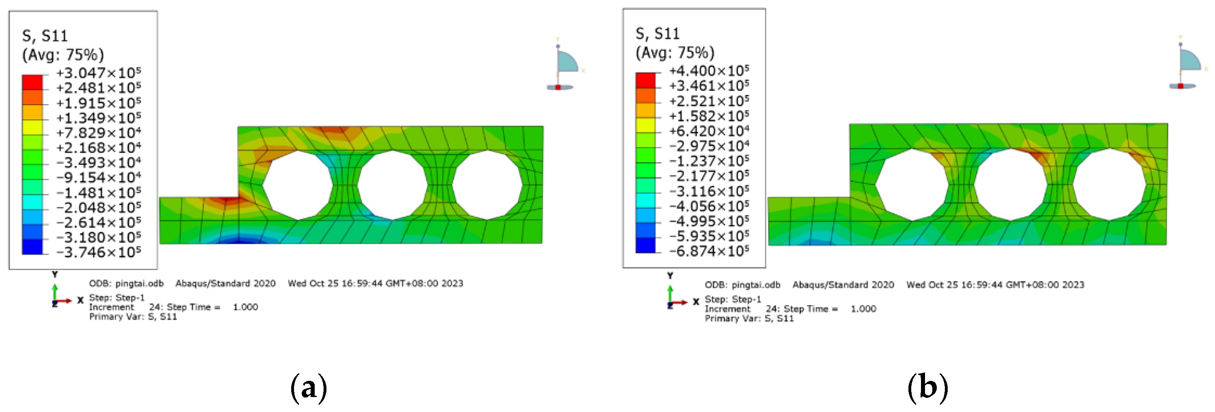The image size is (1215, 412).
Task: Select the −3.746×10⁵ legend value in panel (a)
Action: click(x=98, y=252)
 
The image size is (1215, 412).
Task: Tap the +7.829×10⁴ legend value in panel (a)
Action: click(x=98, y=132)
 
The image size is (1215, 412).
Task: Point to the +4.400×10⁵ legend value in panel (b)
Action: click(x=709, y=71)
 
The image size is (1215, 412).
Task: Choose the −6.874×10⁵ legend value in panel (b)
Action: click(x=709, y=251)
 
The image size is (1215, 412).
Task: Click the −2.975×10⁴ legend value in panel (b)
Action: click(x=709, y=146)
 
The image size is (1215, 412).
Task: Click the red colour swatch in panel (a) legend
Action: click(x=32, y=82)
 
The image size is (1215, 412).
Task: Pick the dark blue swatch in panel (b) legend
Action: click(x=645, y=245)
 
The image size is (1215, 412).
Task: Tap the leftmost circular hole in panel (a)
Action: click(x=298, y=185)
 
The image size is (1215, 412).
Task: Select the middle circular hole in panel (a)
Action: click(x=392, y=185)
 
